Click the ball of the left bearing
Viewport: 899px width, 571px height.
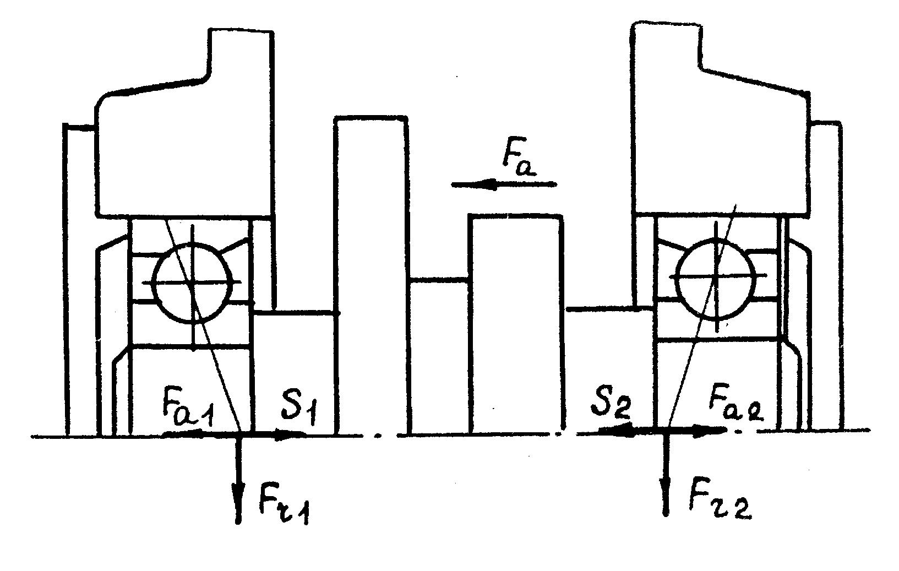coord(191,282)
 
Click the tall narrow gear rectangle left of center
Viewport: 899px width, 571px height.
coord(372,275)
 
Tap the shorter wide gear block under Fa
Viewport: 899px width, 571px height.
coord(516,325)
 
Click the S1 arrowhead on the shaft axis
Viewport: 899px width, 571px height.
coord(292,435)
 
